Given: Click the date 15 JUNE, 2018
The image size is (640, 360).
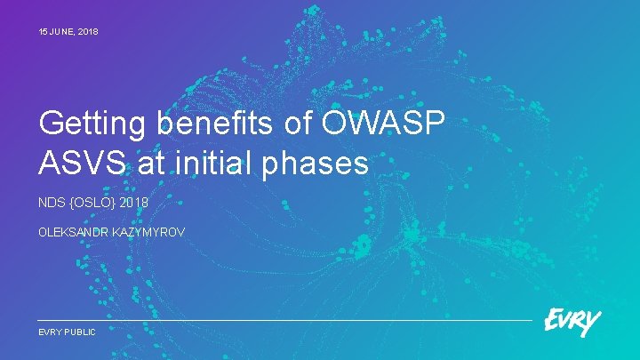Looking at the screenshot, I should coord(68,32).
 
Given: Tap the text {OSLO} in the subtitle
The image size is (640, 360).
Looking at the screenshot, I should coord(92,204).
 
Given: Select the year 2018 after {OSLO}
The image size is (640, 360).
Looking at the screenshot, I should coord(134,204).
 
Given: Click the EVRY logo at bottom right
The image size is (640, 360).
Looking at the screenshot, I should coord(572,323).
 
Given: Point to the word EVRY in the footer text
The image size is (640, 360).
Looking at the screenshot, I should coord(50,332).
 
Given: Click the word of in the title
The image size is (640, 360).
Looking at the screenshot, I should coord(298,125).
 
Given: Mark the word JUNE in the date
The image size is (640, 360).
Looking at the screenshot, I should coord(63,32).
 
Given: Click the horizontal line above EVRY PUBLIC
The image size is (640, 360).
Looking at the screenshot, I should coord(284,320).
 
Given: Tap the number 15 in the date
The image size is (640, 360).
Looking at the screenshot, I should coord(44,32).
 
